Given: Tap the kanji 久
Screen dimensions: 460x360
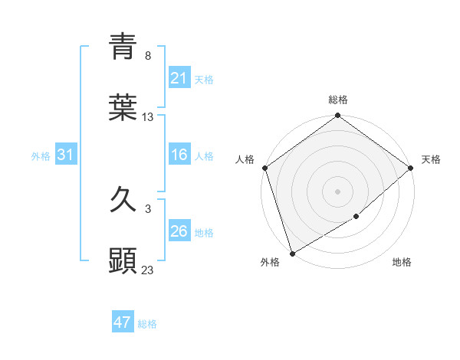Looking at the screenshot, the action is point(123,200).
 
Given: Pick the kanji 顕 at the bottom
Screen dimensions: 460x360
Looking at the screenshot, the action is point(123,261).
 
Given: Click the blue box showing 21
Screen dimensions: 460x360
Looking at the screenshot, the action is point(179,78).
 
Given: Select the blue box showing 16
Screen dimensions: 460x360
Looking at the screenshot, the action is point(179,155).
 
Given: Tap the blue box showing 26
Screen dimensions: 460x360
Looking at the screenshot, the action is point(179,232).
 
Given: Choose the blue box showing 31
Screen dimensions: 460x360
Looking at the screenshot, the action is point(65,155).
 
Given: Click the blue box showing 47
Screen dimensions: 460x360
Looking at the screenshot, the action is point(123,322).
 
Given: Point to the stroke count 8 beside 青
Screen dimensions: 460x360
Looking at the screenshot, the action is point(147,55).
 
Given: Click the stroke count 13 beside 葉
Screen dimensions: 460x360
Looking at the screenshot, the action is point(148,117).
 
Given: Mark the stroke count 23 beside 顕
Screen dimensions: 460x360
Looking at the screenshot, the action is point(148,270).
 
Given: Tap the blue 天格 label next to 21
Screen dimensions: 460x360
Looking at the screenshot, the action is point(204,79).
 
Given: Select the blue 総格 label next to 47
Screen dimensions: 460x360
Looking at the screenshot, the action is point(147,324).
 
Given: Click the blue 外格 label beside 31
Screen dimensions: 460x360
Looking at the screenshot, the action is point(41,156).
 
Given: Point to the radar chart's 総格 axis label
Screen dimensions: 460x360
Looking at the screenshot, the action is point(338,100).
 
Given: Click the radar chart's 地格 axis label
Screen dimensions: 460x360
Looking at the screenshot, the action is point(402,262).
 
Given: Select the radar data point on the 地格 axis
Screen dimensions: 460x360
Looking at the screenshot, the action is point(356,217).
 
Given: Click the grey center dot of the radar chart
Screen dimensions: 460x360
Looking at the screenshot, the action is point(338,191).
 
